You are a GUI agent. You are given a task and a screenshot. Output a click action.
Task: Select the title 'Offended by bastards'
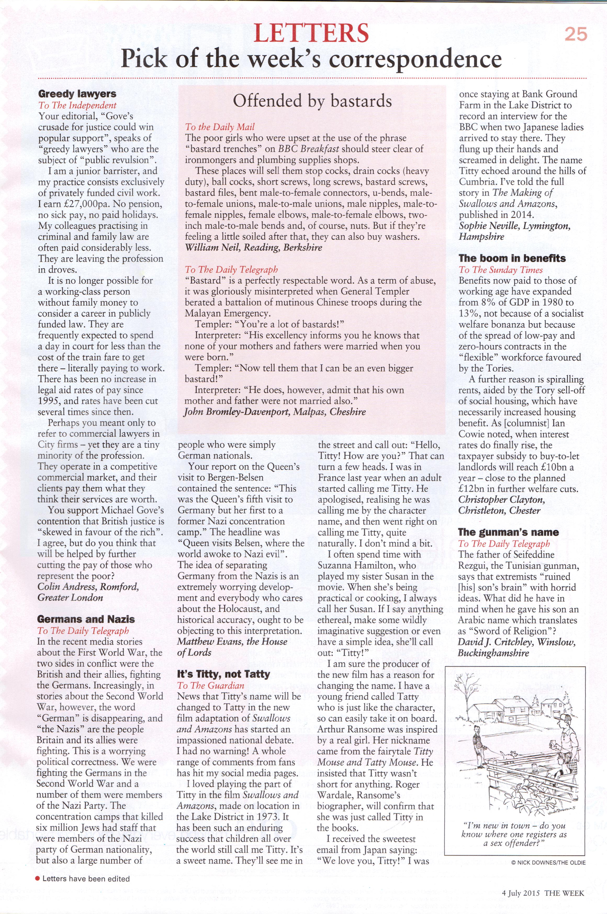312,101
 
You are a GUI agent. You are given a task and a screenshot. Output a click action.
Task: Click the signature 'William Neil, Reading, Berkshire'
253,247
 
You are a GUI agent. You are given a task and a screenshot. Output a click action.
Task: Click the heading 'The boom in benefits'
512,259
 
